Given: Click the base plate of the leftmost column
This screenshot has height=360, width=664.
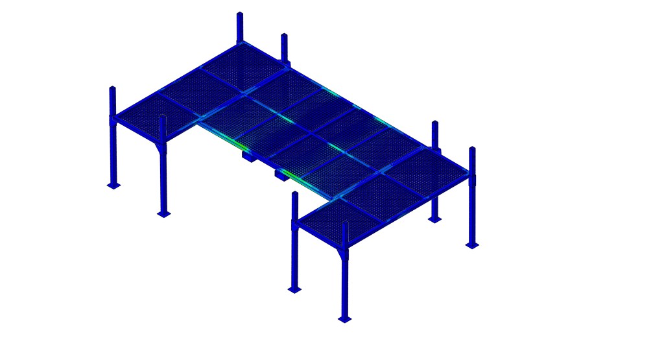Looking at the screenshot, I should point(113,186).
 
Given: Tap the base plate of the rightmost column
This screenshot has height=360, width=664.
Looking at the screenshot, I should point(472,245).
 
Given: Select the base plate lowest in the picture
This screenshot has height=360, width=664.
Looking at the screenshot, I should point(344,319).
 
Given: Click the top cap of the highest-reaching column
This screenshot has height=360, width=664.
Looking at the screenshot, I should point(239,14).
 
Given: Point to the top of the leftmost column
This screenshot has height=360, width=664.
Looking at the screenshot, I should point(112,88).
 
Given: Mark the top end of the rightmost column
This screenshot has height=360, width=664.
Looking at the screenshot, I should point(472,149).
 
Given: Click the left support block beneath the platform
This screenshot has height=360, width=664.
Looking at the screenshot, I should point(250,155).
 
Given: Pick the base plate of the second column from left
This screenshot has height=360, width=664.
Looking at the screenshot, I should point(163,213).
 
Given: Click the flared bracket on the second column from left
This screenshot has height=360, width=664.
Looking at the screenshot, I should point(162,149).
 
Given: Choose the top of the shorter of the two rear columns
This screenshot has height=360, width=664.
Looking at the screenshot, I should point(284,36).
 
